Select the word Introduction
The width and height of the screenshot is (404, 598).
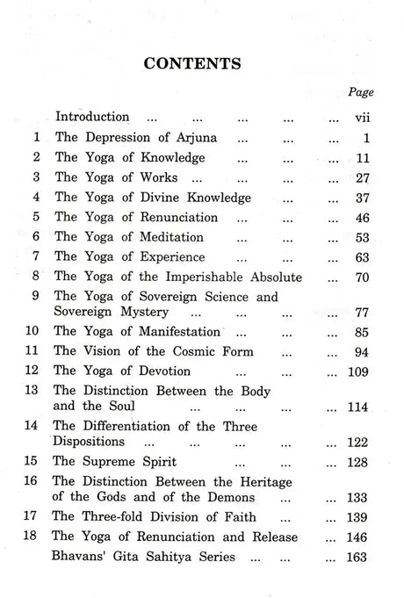(x=92, y=116)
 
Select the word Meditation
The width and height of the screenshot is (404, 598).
(x=172, y=237)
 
